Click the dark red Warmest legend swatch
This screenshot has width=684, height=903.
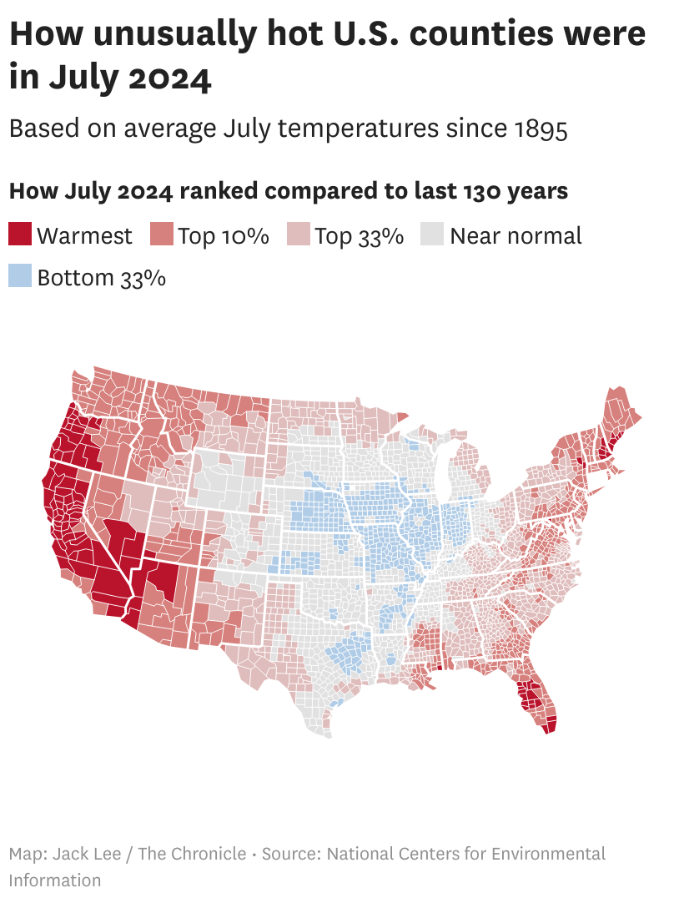pyautogui.click(x=20, y=235)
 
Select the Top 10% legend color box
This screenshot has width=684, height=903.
pyautogui.click(x=161, y=235)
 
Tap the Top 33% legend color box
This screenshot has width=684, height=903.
pyautogui.click(x=299, y=235)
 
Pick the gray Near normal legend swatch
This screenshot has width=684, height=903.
pyautogui.click(x=434, y=235)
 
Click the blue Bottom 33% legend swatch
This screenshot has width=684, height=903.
pyautogui.click(x=20, y=276)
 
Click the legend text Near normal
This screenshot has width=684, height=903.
pyautogui.click(x=516, y=235)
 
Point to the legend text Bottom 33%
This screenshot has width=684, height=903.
pyautogui.click(x=101, y=277)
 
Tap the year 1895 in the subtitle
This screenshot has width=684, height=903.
pyautogui.click(x=541, y=129)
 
